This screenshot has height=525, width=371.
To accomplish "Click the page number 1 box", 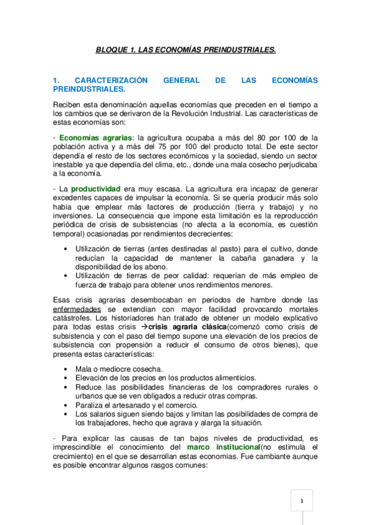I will point(301,500).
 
